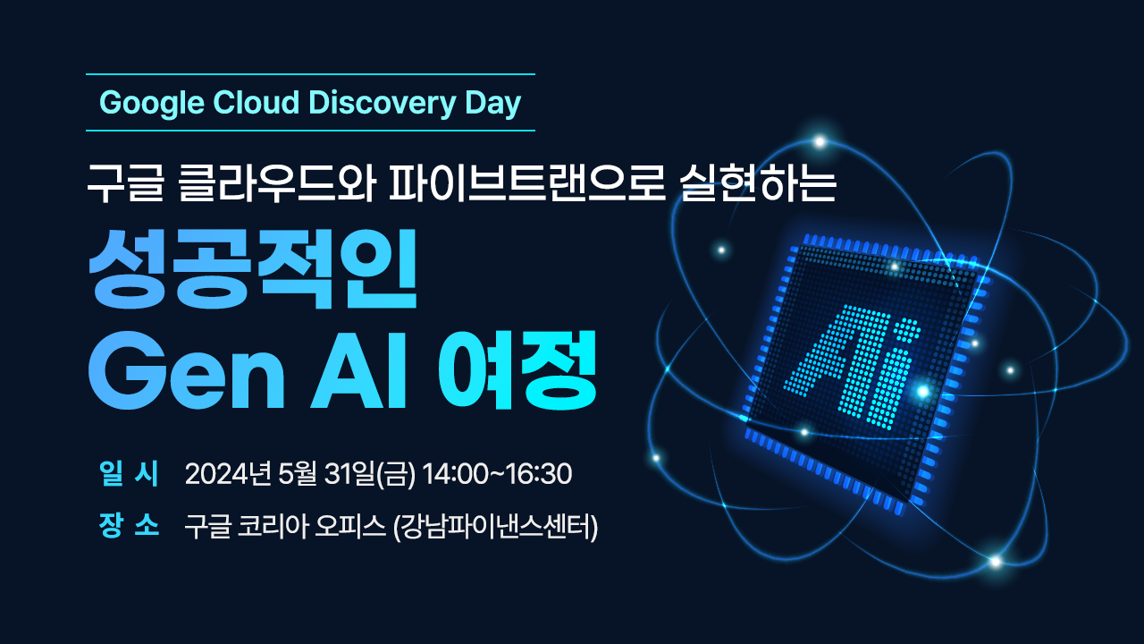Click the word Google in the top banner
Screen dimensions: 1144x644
click(152, 104)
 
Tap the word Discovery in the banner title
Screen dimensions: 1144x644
click(382, 104)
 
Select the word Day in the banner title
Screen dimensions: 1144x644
click(492, 104)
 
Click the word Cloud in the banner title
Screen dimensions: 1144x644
click(257, 103)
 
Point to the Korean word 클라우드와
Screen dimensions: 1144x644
click(278, 183)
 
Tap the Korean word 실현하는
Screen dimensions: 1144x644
click(758, 183)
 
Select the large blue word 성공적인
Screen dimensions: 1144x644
click(253, 269)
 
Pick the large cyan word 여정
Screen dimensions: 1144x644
click(517, 369)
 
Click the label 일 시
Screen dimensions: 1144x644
click(130, 473)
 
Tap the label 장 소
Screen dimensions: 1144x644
click(130, 525)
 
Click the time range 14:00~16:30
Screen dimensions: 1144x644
click(498, 474)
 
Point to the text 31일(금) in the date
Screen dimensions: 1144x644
click(370, 474)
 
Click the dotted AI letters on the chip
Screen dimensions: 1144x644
click(853, 367)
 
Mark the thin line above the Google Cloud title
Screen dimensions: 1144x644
click(310, 74)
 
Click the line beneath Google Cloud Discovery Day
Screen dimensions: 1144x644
click(310, 131)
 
